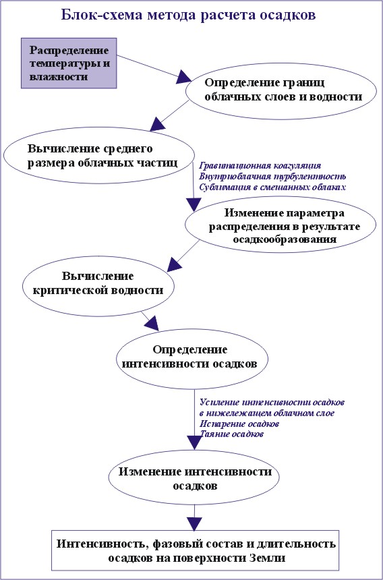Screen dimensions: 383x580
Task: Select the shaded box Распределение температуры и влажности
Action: (69, 63)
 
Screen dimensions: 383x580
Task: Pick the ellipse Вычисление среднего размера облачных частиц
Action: (98, 154)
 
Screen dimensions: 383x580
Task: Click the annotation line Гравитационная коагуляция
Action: (260, 165)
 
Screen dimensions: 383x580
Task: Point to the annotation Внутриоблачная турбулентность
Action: (272, 176)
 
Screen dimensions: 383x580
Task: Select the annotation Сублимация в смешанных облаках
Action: (272, 187)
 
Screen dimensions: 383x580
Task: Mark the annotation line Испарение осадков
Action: (239, 423)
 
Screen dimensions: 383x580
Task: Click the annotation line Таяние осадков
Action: (231, 434)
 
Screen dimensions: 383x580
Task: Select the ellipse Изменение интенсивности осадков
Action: (195, 479)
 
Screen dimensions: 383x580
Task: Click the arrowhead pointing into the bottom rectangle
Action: (194, 524)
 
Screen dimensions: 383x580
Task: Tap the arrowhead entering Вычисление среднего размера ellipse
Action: (158, 123)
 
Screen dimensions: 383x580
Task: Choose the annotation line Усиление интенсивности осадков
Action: (272, 402)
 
